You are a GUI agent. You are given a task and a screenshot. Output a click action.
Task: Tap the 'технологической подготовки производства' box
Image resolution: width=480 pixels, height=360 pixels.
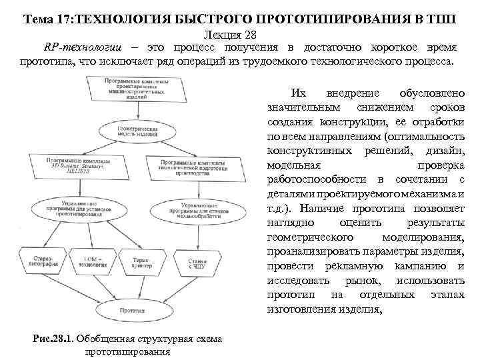coord(197,167)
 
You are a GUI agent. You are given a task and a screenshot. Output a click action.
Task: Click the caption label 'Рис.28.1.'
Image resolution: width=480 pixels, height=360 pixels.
coord(54,339)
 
